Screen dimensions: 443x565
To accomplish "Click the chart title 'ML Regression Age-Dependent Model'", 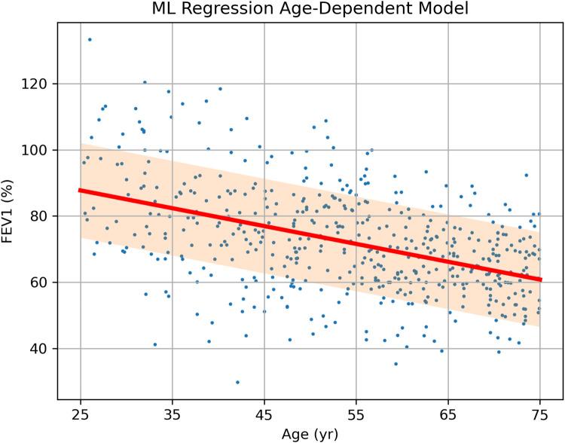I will click(310, 11).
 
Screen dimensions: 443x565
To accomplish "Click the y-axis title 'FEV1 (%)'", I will click(11, 215).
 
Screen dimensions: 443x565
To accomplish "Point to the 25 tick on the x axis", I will click(80, 413).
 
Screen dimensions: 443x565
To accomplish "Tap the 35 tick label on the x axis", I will click(172, 413).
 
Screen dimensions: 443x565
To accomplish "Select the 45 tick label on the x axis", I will click(264, 413).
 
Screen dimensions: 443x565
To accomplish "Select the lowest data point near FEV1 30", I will click(237, 382).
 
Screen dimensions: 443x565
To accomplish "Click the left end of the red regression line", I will click(81, 190).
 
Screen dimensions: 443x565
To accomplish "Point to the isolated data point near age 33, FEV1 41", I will click(155, 344).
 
